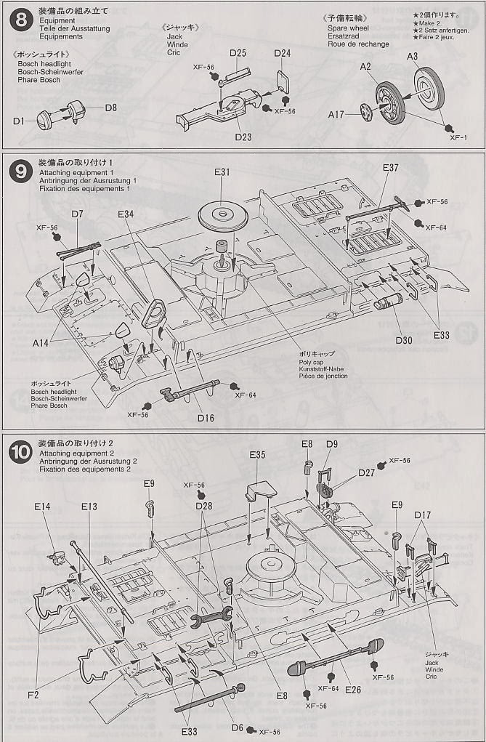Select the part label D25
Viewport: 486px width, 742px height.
point(238,53)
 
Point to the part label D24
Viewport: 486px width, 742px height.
point(283,53)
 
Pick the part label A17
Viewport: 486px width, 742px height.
point(336,114)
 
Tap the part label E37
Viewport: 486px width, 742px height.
point(390,168)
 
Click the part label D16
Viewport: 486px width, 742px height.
point(206,418)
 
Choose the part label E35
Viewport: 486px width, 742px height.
point(257,455)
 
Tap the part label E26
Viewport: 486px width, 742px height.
point(353,689)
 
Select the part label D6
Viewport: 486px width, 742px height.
point(237,727)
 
